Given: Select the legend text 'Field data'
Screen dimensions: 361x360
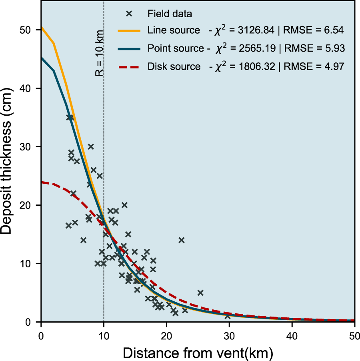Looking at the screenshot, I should pyautogui.click(x=170, y=14).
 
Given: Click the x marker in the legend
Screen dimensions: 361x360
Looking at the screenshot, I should pyautogui.click(x=129, y=14).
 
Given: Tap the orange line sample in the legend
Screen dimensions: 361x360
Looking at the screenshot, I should pyautogui.click(x=129, y=30).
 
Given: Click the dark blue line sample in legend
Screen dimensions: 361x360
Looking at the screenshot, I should pyautogui.click(x=129, y=48).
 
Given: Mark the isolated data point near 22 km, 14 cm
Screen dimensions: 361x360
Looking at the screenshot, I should pyautogui.click(x=181, y=240).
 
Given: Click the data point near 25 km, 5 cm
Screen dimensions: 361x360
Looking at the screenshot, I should pyautogui.click(x=200, y=293).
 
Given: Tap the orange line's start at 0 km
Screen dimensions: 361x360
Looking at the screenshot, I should pyautogui.click(x=42, y=27).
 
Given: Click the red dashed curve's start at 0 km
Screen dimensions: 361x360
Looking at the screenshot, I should pyautogui.click(x=42, y=183).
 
